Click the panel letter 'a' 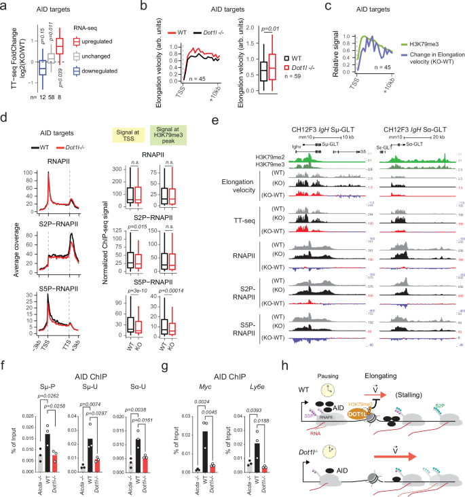(x=5, y=7)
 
